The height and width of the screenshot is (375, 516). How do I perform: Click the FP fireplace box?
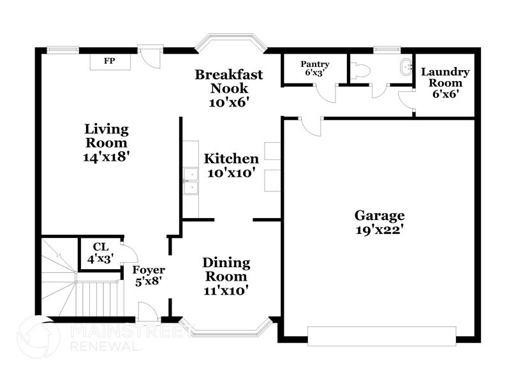tap(110, 61)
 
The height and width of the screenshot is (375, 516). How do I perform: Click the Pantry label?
tap(315, 64)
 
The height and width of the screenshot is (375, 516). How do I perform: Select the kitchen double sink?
tap(189, 181)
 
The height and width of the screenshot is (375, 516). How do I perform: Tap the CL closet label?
tap(100, 246)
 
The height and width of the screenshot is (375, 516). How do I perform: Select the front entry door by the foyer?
tap(148, 312)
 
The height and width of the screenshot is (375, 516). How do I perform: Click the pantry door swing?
tap(327, 92)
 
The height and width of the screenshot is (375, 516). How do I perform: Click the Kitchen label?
tap(231, 159)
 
